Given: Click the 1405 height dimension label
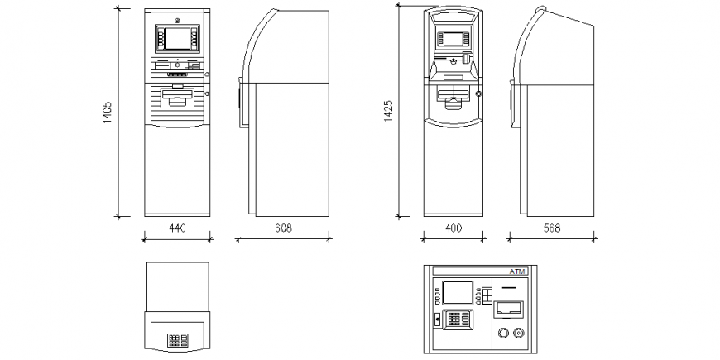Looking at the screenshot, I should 108,113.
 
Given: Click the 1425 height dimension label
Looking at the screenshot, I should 388,113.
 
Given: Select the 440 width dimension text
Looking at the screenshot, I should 177,228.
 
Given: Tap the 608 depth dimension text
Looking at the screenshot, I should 283,228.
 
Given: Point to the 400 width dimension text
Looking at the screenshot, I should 454,228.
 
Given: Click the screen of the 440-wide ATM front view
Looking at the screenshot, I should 176,38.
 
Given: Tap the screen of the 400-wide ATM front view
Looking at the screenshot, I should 454,38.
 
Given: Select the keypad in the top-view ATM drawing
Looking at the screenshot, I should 177,339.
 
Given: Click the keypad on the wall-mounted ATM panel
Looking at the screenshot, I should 457,318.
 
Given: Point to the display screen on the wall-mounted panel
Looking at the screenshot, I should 457,291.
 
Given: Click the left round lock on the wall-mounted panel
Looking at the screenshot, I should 502,334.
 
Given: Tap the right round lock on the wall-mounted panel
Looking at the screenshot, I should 519,334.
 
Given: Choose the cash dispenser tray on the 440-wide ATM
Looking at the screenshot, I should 177,98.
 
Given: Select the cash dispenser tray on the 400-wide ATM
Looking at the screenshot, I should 454,100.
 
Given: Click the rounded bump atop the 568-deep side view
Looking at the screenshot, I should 542,10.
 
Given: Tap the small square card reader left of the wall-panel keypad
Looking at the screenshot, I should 438,318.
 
